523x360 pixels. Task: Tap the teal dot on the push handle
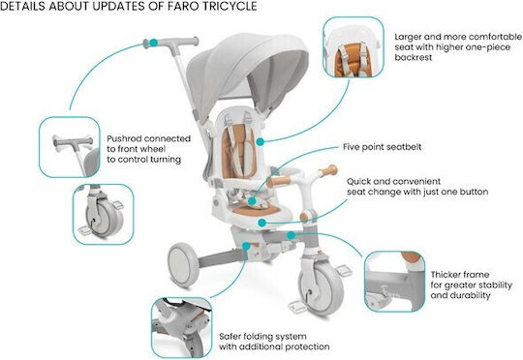(153, 43)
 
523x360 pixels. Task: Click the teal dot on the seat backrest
(261, 141)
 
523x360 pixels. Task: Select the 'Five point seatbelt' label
(383, 147)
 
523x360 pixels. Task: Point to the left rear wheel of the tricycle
(183, 264)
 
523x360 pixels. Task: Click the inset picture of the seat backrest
(354, 47)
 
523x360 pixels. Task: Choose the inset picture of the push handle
(70, 147)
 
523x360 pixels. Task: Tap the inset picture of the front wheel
(104, 214)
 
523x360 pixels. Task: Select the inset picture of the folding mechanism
(182, 328)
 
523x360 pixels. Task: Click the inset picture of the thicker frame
(395, 282)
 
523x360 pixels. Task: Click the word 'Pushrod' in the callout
(124, 138)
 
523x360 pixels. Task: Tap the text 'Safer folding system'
(262, 337)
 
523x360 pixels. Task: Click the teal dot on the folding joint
(246, 246)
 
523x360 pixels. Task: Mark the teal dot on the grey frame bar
(292, 236)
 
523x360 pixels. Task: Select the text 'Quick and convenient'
(393, 182)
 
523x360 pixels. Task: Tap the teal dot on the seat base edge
(262, 223)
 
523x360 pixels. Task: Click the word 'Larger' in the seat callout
(408, 37)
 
